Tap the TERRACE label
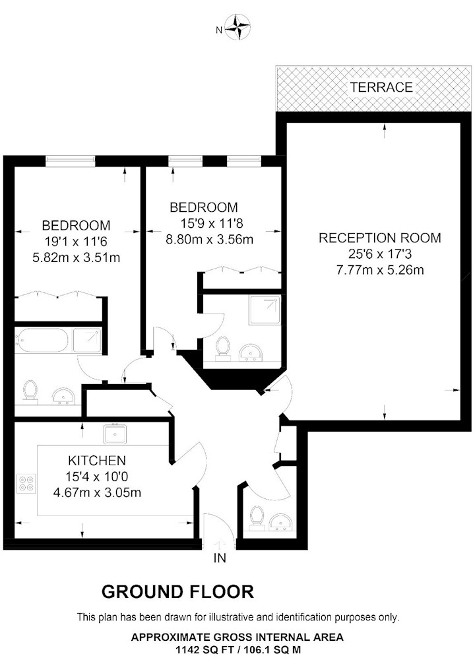(381, 87)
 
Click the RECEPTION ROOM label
(379, 238)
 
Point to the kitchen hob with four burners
(26, 483)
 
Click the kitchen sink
(115, 434)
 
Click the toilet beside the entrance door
(255, 517)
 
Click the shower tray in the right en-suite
(265, 310)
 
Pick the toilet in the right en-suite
(222, 348)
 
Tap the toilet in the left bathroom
(30, 392)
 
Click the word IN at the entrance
(220, 558)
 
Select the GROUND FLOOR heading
(177, 592)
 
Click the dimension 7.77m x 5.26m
(379, 270)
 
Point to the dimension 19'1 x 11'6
(76, 242)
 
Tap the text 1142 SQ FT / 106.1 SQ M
(237, 649)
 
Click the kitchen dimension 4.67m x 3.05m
(97, 492)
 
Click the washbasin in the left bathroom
(64, 395)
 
